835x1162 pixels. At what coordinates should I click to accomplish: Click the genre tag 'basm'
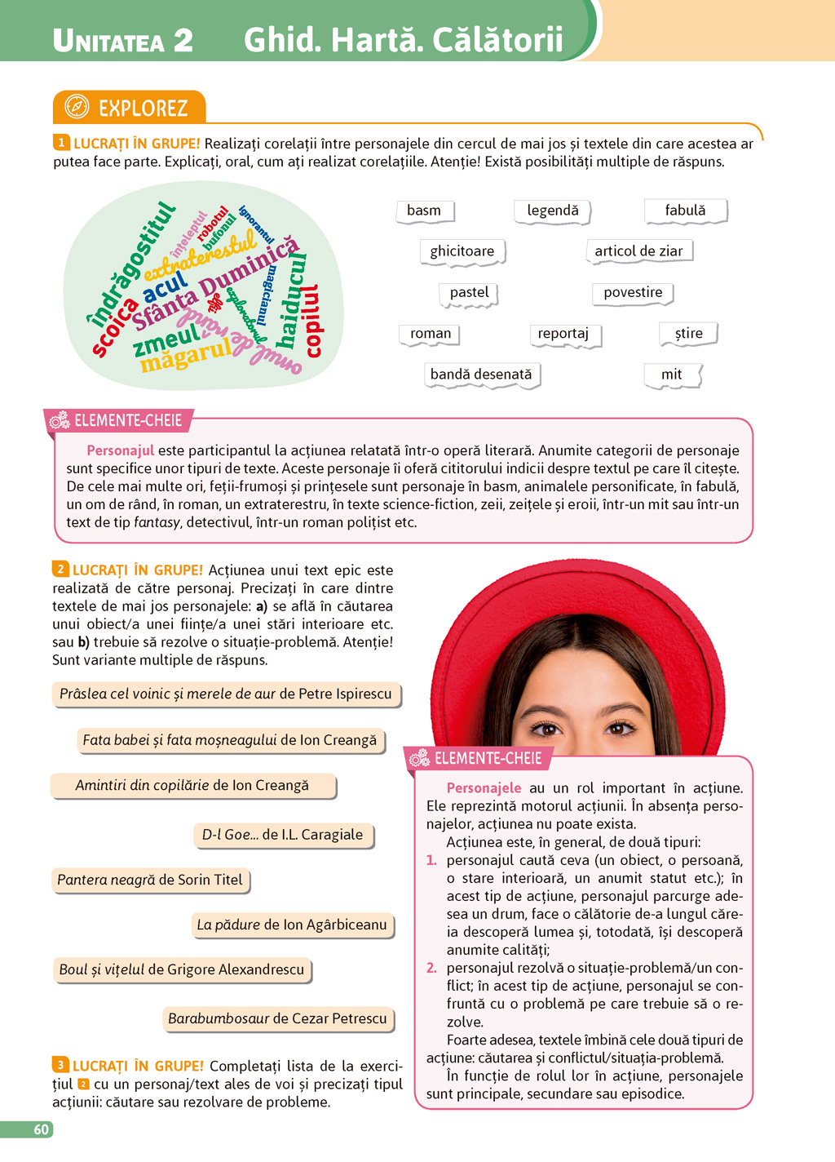coord(424,211)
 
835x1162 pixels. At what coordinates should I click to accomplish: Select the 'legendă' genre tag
coord(553,211)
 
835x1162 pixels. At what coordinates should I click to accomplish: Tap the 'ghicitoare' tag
coord(462,251)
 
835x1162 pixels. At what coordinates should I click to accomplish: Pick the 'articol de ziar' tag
coord(638,251)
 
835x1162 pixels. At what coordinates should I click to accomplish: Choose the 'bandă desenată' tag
coord(481,375)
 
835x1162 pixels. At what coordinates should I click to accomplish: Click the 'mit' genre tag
coord(671,375)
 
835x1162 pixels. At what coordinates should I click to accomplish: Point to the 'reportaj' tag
coord(563,334)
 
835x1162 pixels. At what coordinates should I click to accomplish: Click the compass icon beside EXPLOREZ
coord(76,107)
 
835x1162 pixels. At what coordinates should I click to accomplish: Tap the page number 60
coord(41,1129)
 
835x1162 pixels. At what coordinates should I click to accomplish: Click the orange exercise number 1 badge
coord(61,143)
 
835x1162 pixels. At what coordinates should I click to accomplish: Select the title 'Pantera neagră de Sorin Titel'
coord(150,880)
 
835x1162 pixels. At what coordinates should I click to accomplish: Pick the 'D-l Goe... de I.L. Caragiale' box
coord(283,835)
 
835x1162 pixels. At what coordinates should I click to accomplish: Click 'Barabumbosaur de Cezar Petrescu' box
coord(277,1018)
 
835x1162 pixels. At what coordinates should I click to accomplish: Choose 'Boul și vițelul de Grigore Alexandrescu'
coord(181,969)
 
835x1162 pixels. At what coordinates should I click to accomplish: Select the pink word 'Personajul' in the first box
coord(120,450)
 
